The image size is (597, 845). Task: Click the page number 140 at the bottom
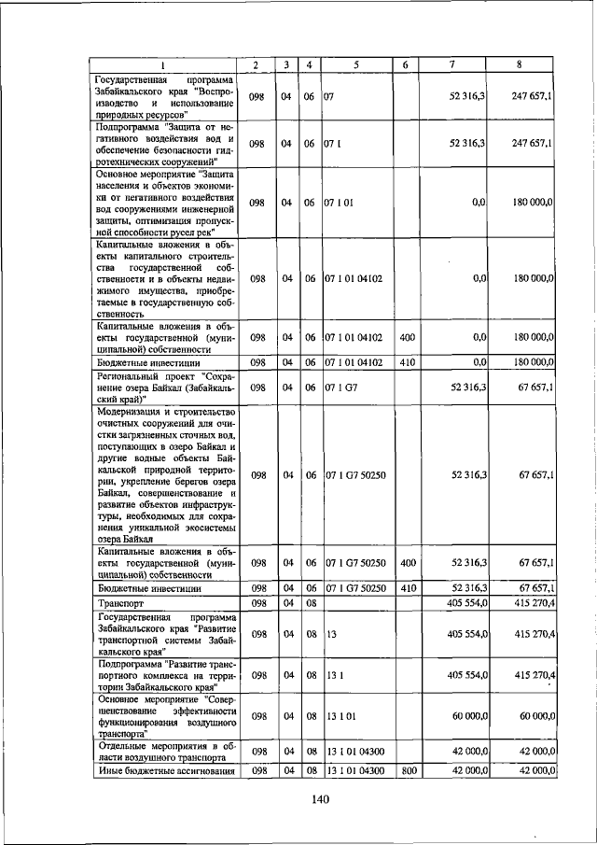321,798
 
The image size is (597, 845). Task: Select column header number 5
355,64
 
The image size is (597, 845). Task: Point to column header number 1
162,64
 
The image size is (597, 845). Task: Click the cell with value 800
406,770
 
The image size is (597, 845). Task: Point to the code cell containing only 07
329,96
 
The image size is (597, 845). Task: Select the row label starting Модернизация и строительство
162,474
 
